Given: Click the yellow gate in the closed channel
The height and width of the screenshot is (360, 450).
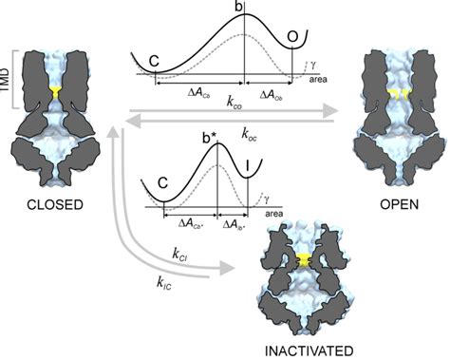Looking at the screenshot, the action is pos(56,92).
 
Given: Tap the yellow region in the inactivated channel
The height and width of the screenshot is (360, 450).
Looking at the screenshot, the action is pos(302,259).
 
